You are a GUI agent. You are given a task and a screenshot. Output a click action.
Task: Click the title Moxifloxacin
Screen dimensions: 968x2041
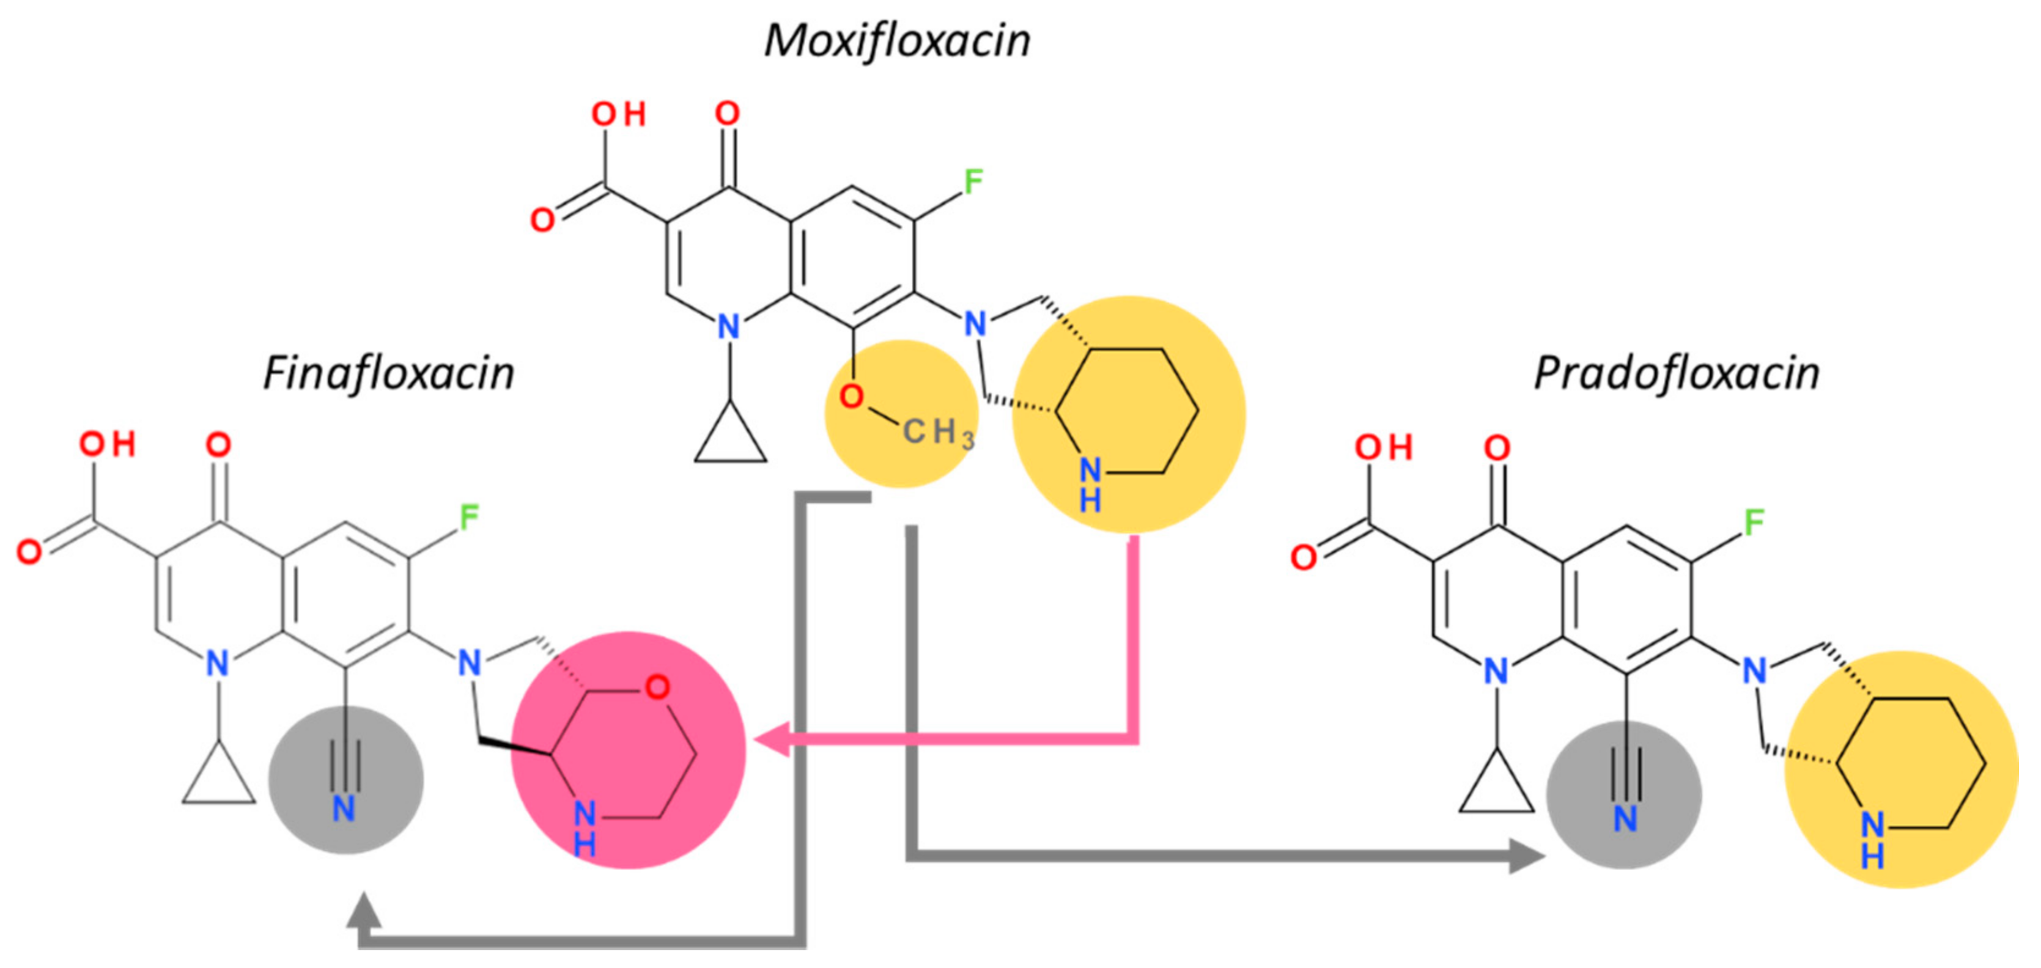[x=896, y=41]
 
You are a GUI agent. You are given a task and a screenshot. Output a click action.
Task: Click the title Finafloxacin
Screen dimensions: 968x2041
[x=388, y=374]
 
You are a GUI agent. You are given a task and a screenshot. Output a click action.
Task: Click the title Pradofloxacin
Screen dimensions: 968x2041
[x=1677, y=374]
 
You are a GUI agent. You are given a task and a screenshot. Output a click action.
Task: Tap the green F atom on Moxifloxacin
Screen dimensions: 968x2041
[x=973, y=182]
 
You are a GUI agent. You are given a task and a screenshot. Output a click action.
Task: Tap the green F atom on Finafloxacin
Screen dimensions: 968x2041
[x=469, y=518]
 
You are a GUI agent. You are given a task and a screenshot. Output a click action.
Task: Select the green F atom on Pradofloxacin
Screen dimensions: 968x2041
[x=1754, y=523]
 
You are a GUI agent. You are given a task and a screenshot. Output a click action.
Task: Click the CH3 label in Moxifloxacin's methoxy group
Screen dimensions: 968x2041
[x=937, y=433]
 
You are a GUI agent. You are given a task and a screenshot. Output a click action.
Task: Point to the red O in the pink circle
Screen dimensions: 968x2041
[x=657, y=686]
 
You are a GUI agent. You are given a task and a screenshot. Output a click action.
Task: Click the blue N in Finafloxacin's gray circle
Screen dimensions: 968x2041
[x=343, y=809]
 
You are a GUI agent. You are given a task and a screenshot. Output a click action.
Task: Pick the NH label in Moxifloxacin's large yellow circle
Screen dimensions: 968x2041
[x=1090, y=484]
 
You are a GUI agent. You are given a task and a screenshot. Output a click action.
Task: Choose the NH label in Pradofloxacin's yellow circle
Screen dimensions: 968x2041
[x=1872, y=840]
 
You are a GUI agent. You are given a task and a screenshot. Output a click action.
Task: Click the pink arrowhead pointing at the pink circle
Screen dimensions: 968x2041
[x=772, y=739]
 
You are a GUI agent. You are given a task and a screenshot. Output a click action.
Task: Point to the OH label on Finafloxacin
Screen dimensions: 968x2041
[x=107, y=444]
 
